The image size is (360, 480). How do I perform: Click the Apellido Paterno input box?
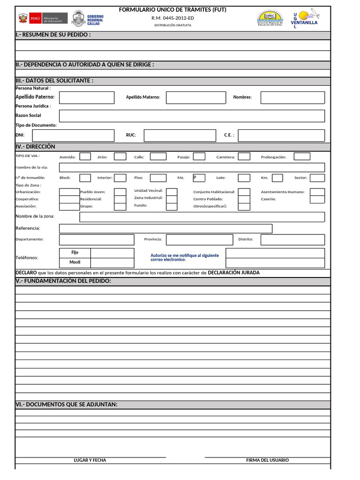(x=87, y=97)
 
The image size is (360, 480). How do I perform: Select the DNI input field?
(x=73, y=135)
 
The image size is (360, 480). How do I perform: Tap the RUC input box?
(x=180, y=135)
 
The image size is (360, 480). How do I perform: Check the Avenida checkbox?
(x=85, y=157)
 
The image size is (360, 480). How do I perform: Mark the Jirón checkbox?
(x=120, y=157)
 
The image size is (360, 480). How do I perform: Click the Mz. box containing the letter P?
(x=199, y=178)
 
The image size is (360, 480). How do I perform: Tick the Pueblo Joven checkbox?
(x=120, y=192)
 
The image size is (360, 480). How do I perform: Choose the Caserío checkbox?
(x=317, y=199)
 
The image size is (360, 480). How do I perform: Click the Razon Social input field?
(x=192, y=116)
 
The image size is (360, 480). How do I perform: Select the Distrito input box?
(x=292, y=240)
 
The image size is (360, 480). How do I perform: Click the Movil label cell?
(x=75, y=262)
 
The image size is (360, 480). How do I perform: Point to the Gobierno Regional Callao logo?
(x=88, y=20)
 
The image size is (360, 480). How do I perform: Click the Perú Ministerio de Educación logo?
(x=43, y=19)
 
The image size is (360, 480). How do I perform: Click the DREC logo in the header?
(x=270, y=19)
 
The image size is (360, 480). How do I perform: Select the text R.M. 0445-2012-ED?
(x=172, y=18)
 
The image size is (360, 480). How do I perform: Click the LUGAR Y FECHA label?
(x=90, y=460)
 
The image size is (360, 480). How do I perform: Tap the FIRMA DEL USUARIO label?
(x=267, y=460)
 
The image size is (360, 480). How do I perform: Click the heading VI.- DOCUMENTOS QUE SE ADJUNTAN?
(x=67, y=405)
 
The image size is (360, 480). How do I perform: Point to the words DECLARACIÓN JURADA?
(x=233, y=273)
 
